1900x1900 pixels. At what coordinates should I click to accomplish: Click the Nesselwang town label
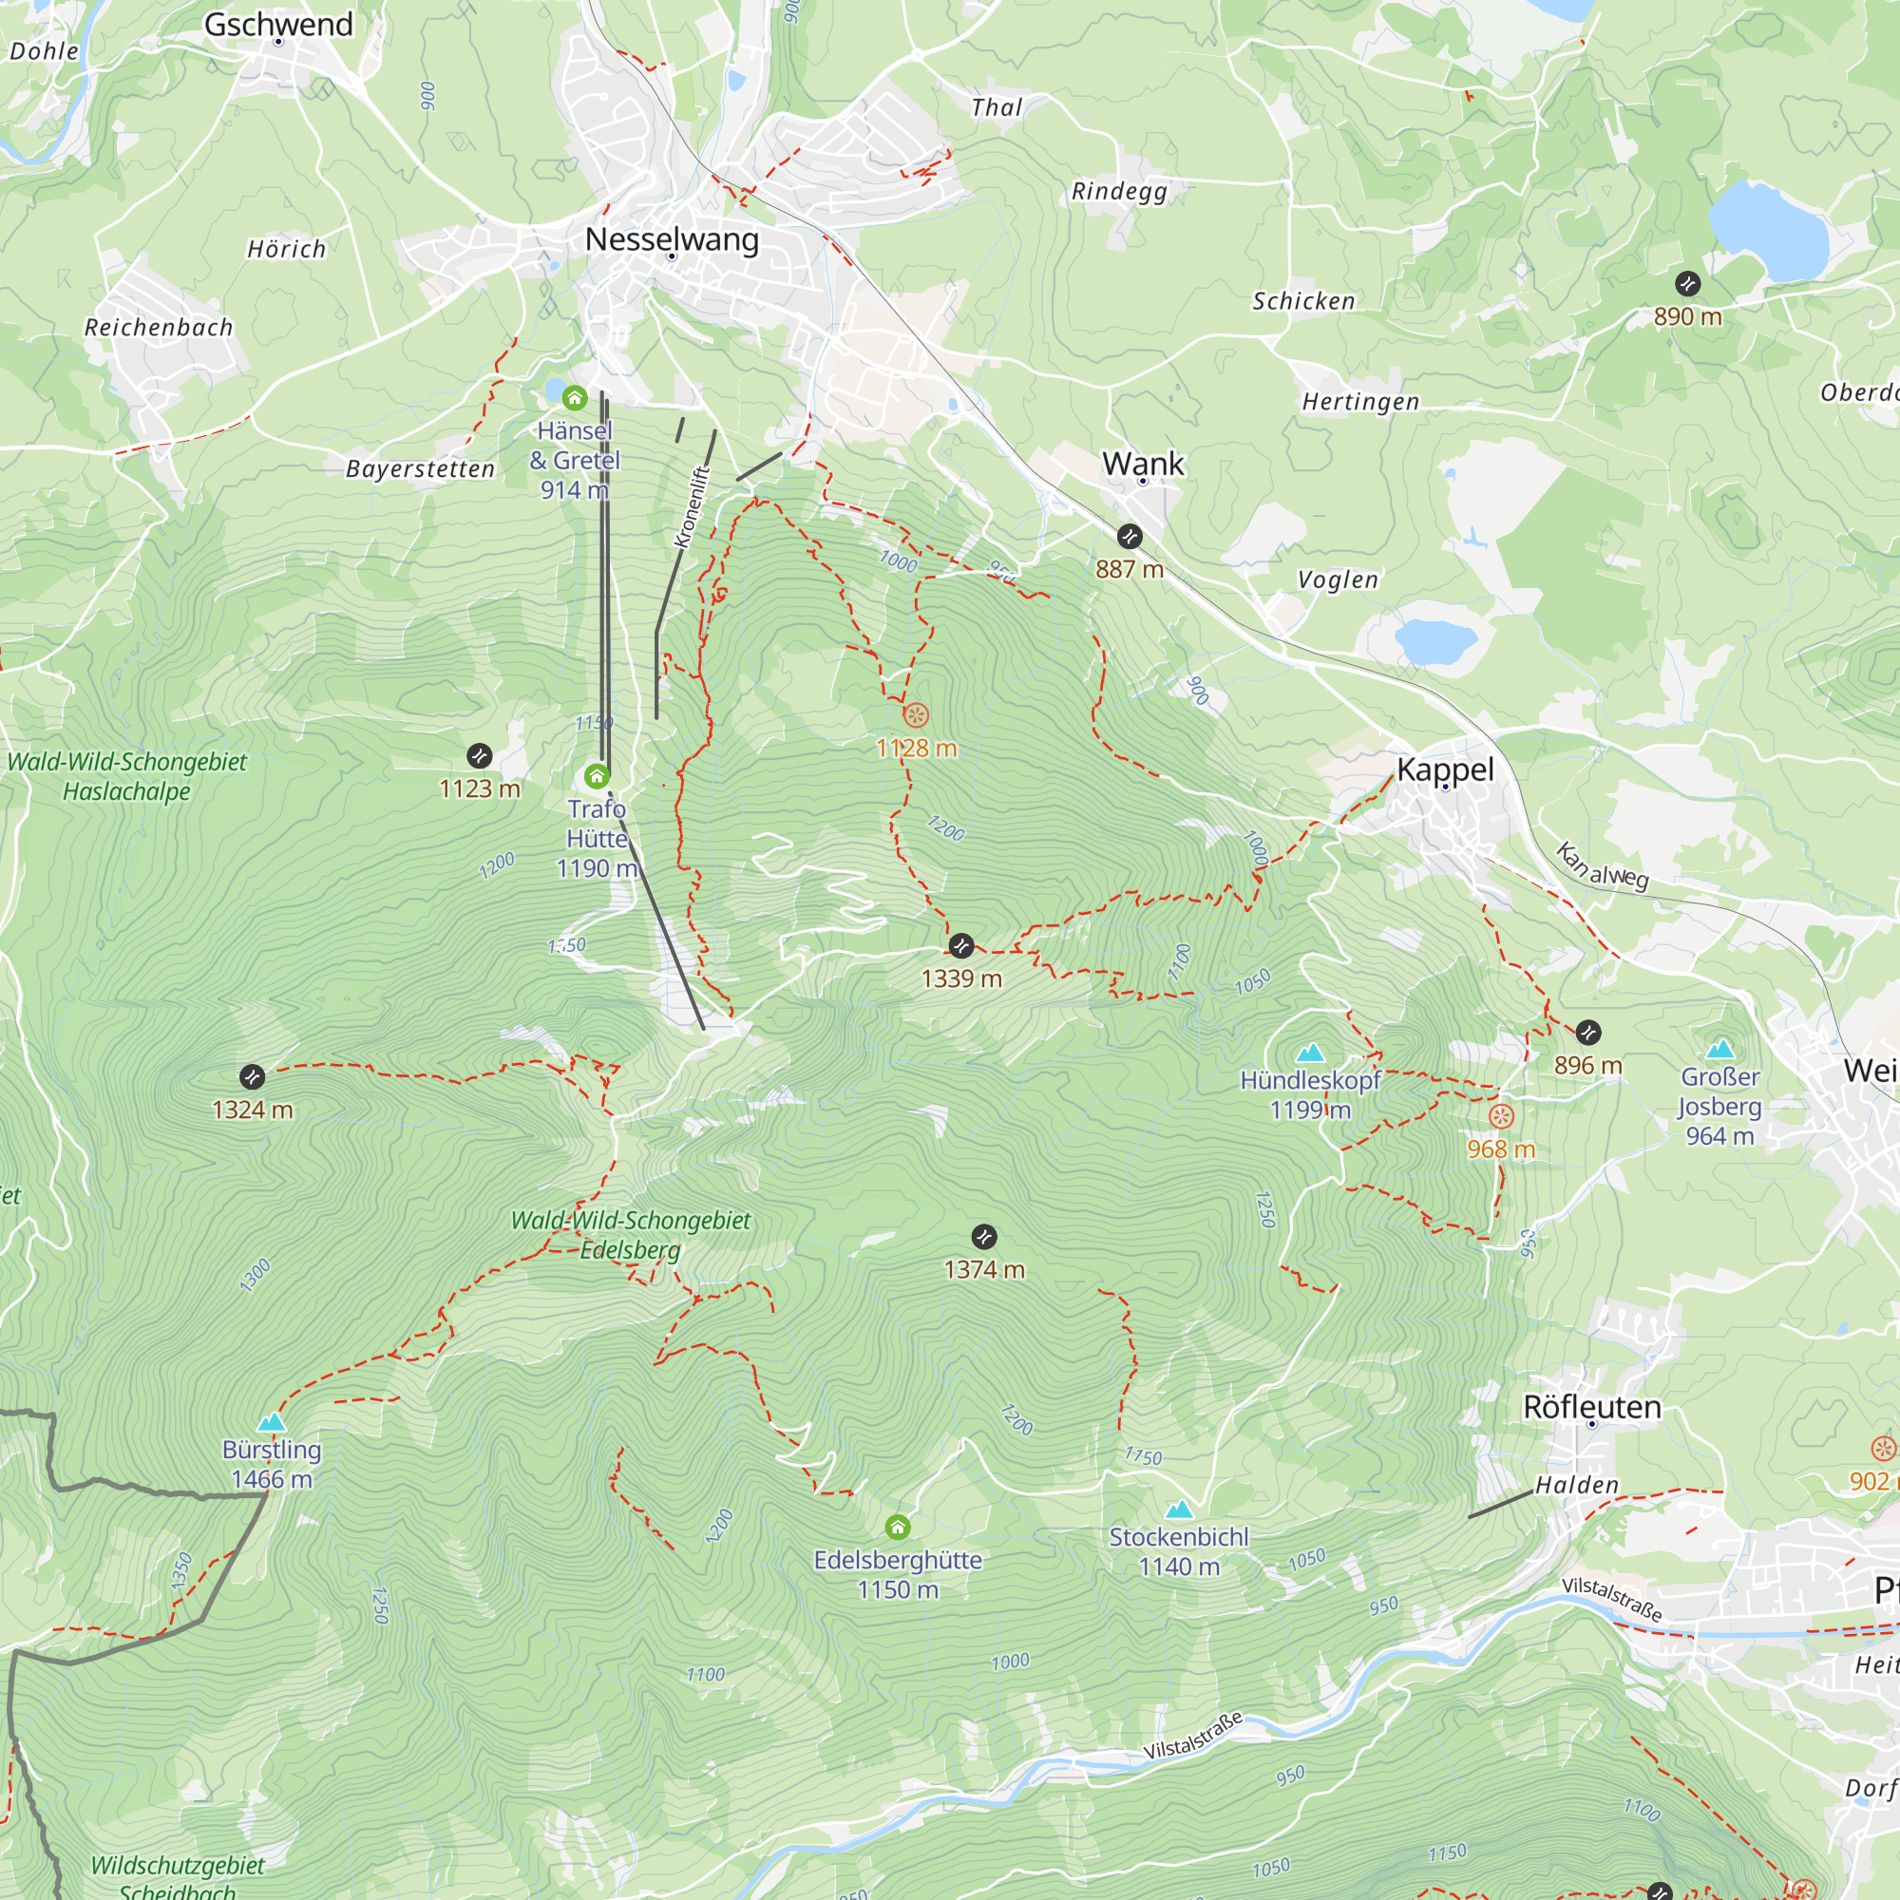coord(672,239)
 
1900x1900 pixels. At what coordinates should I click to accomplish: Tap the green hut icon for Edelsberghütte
coord(897,1528)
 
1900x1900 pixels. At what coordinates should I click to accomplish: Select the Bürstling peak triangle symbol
coord(272,1423)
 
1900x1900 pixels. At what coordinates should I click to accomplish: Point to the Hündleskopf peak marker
coord(1310,1054)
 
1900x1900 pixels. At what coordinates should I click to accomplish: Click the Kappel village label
coord(1445,769)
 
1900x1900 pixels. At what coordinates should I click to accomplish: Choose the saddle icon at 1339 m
coord(960,946)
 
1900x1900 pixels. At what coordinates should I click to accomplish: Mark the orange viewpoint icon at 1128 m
coord(916,715)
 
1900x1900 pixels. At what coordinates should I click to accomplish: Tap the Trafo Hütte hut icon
coord(596,777)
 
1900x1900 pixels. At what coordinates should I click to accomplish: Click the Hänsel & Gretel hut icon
coord(575,398)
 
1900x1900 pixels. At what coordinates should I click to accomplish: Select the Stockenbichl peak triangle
coord(1178,1510)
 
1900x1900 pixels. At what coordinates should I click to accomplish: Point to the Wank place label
coord(1143,464)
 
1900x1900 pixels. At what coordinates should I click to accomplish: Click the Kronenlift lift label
coord(692,506)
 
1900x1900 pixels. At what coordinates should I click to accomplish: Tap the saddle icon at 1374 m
coord(983,1237)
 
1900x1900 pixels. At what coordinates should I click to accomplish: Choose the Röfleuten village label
coord(1591,1407)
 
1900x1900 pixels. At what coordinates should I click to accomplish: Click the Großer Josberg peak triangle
coord(1720,1050)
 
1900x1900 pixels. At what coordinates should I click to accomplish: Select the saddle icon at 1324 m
coord(252,1077)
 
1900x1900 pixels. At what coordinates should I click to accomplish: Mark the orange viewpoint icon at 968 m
coord(1500,1116)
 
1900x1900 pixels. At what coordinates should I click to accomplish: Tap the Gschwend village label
coord(278,25)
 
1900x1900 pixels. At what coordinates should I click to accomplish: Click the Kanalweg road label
coord(1602,865)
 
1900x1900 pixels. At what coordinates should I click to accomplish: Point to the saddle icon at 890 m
coord(1687,284)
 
